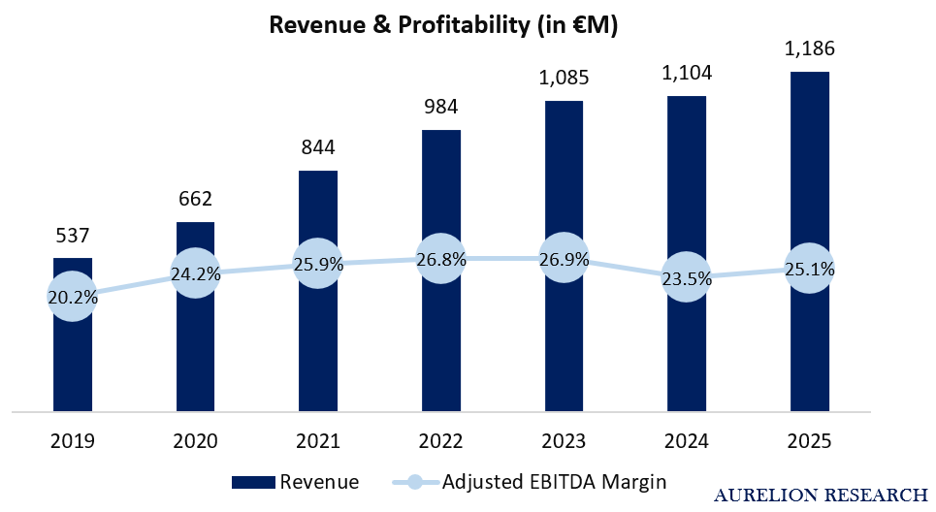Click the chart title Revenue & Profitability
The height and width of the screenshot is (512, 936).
pos(443,25)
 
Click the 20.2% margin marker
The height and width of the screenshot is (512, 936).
pos(73,297)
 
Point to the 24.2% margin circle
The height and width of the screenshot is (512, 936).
pos(195,273)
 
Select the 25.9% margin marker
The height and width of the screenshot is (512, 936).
pos(318,264)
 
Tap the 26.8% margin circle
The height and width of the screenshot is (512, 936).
pos(441,259)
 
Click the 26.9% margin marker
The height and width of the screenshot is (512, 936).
pos(565,258)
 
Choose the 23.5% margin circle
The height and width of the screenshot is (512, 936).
pos(687,277)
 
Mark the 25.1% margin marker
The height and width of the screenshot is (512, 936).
pos(810,269)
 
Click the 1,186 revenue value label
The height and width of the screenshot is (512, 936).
pos(810,48)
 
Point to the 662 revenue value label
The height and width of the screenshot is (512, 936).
pos(195,199)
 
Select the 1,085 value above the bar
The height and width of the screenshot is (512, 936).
pos(565,78)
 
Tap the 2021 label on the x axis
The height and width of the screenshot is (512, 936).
pos(318,441)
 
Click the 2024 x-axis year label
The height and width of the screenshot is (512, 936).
pos(687,441)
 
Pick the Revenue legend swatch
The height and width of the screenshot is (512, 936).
pos(254,482)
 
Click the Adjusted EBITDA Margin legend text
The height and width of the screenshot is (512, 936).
pos(554,482)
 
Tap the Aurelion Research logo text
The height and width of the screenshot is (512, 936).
pos(821,496)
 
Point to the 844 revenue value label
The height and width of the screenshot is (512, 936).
pos(318,147)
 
